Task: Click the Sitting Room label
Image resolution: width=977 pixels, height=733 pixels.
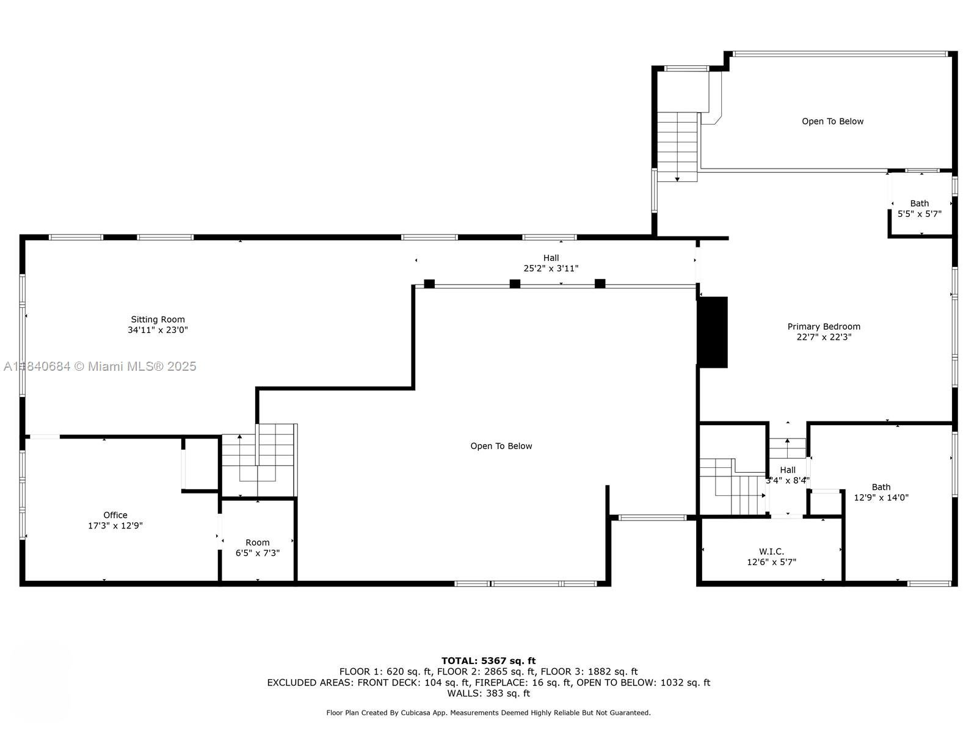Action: [158, 319]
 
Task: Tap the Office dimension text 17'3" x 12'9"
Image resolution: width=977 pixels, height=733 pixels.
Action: [115, 525]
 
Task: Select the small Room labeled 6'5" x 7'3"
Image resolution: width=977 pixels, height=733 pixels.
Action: [258, 547]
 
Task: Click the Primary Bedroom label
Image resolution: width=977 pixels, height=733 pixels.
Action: [824, 327]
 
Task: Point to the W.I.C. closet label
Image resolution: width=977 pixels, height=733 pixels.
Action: [771, 552]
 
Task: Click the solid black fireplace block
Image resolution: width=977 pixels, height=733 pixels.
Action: [713, 332]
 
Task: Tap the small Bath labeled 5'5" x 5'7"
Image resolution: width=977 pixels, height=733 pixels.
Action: [919, 208]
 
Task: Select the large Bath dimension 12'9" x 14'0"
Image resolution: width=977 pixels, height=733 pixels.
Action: [881, 497]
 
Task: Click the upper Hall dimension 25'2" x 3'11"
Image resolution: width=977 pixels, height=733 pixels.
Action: [551, 268]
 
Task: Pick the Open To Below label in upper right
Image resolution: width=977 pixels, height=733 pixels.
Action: [832, 122]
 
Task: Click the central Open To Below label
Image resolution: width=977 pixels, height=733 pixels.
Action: [501, 446]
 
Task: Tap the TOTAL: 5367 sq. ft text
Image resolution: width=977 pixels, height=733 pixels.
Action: [488, 660]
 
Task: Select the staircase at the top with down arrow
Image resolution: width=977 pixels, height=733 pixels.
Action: [677, 147]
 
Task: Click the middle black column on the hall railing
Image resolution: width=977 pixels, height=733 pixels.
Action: [515, 283]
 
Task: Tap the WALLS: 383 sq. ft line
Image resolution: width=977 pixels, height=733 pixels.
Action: [488, 693]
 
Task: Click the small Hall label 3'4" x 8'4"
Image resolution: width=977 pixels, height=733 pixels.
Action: [788, 475]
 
